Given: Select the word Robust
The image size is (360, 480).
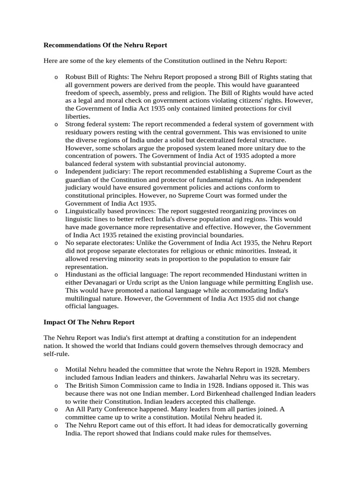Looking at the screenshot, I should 75,77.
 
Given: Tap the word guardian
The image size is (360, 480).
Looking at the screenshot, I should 80,180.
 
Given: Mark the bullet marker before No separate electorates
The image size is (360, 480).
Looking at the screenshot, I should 55,243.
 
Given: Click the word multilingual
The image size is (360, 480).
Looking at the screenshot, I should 86,299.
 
